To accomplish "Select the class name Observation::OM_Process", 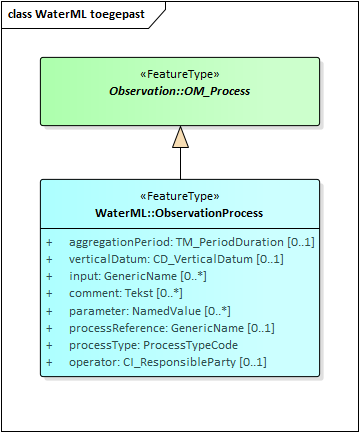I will [180, 91].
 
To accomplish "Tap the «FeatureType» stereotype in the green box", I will [180, 74].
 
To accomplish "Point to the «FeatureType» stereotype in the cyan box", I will [180, 196].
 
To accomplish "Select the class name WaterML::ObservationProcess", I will [180, 213].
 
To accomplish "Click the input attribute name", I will [84, 276].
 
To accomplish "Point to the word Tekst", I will [140, 293].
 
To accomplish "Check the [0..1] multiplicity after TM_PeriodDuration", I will [301, 243].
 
